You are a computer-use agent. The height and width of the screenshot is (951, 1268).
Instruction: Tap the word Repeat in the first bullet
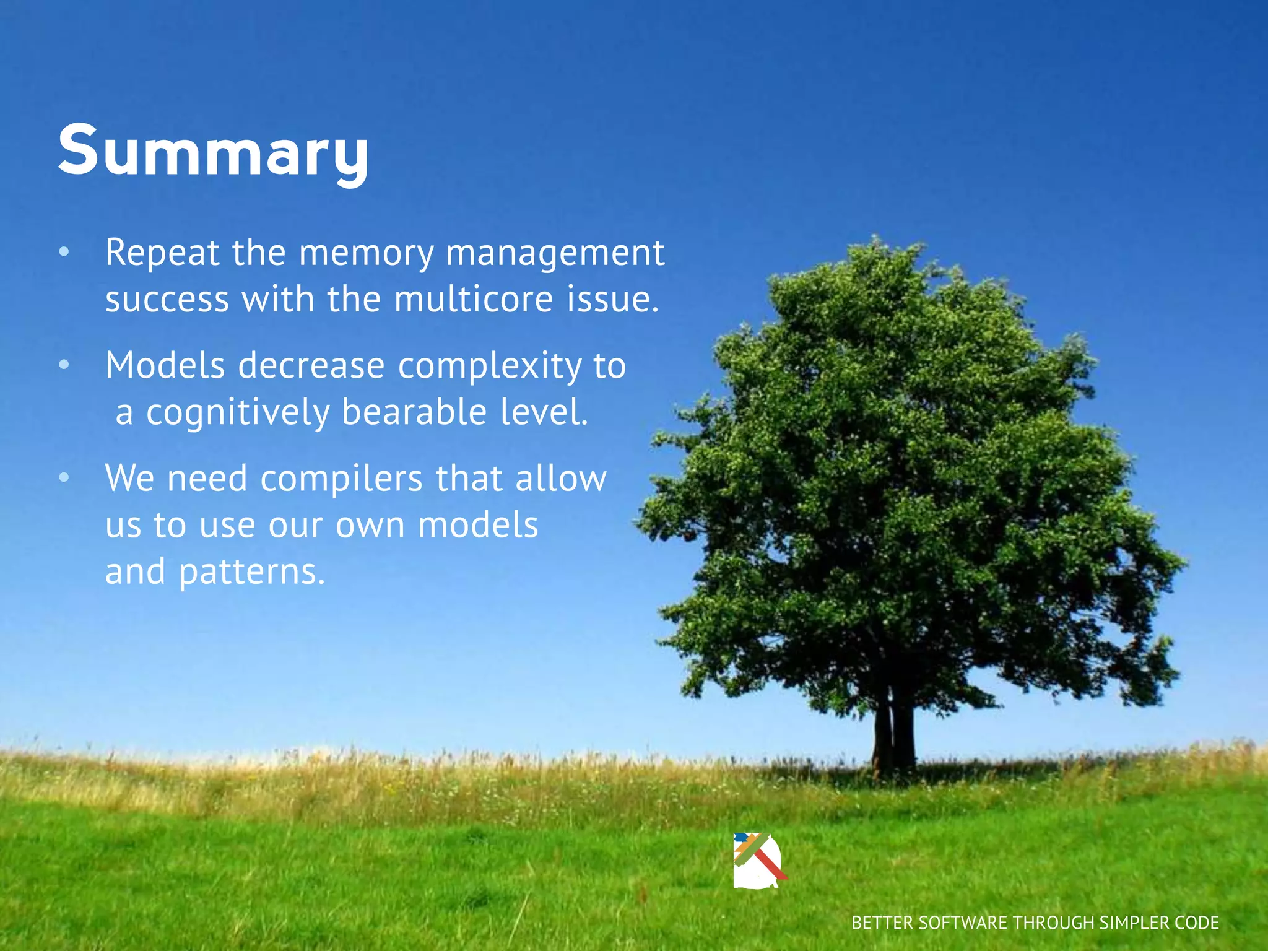click(x=162, y=253)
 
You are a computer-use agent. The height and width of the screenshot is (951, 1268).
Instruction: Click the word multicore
click(x=473, y=299)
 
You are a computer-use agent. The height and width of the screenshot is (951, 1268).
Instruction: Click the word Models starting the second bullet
click(x=165, y=365)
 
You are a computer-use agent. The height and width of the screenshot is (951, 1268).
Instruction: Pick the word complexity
click(x=490, y=367)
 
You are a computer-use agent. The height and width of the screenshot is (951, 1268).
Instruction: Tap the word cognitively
click(x=238, y=413)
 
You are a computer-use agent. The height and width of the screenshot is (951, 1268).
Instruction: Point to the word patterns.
click(x=251, y=572)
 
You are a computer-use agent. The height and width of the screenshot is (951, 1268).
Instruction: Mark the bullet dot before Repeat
click(x=64, y=253)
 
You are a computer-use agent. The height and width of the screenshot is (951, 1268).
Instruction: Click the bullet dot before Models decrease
click(x=64, y=365)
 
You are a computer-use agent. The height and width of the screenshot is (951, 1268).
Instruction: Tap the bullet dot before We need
click(x=64, y=478)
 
